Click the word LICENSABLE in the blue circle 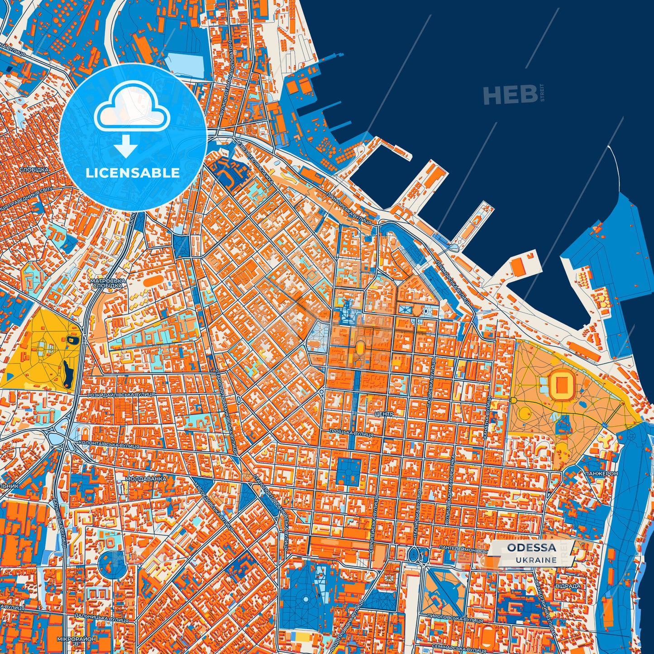pos(133,173)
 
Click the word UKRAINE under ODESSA pos(536,560)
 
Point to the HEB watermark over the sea pos(510,95)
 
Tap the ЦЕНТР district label pos(384,414)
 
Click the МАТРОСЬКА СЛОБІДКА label pos(107,283)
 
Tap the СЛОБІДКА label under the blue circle pos(34,170)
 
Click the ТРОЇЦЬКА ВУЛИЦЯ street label pos(351,434)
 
